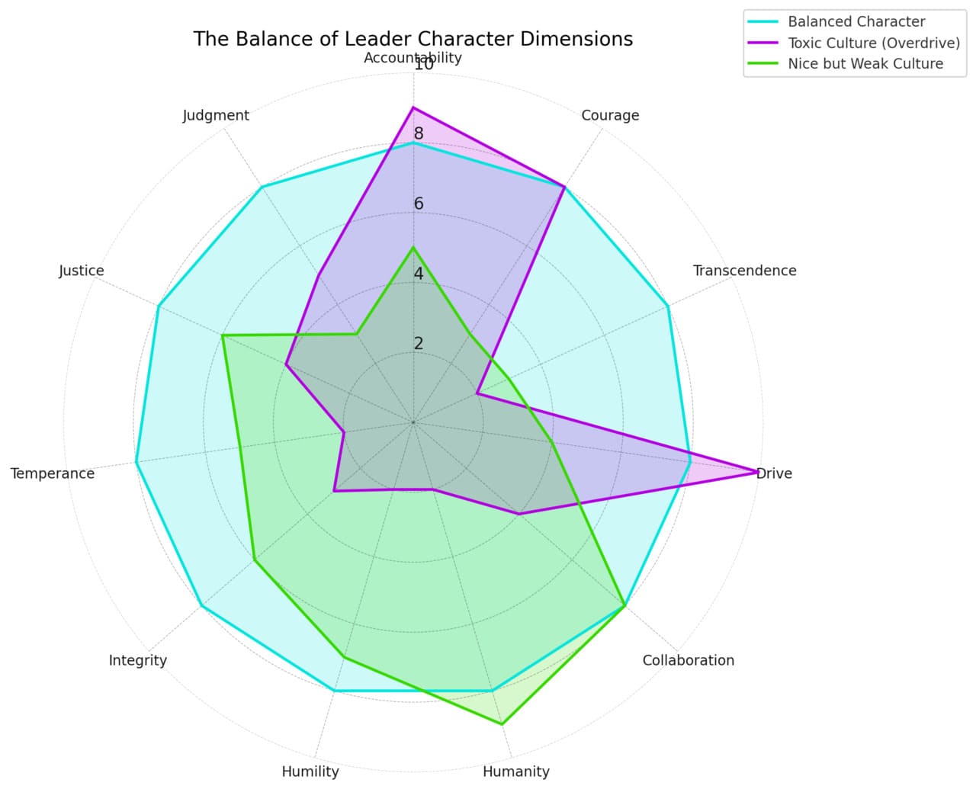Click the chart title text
click(413, 39)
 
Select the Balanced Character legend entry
click(856, 21)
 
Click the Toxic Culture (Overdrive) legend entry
click(873, 43)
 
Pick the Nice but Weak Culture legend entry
click(865, 64)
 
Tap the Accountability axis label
click(413, 58)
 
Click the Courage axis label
click(610, 115)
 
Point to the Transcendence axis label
click(744, 271)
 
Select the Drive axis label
click(775, 473)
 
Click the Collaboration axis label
click(688, 660)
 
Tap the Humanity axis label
click(515, 771)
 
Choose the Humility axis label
click(310, 771)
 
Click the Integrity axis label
click(137, 660)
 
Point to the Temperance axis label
click(53, 473)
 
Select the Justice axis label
click(82, 271)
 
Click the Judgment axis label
click(216, 115)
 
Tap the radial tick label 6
click(419, 204)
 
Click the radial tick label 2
click(419, 344)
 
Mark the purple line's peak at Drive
click(756, 472)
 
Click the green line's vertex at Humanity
click(502, 723)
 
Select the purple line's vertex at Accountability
click(413, 107)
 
